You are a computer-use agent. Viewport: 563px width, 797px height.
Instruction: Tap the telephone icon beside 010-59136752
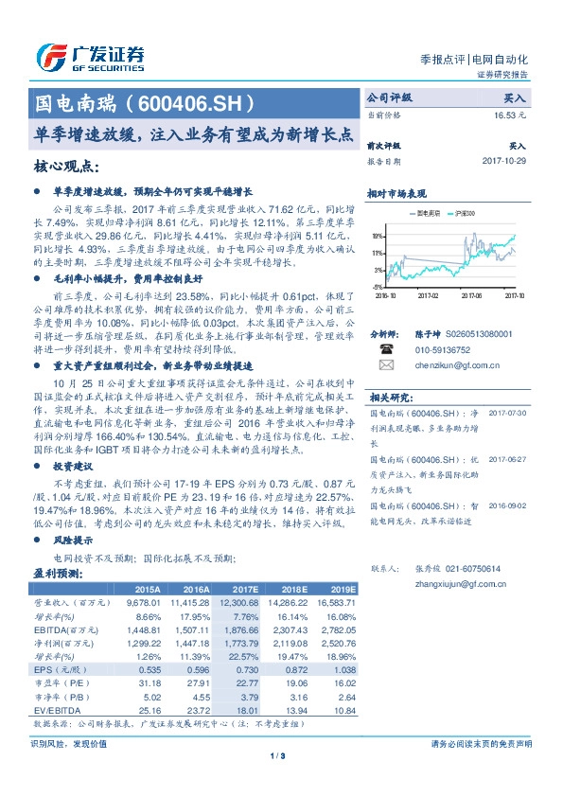click(385, 347)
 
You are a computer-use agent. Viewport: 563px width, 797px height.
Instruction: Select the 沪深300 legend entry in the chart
click(470, 214)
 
